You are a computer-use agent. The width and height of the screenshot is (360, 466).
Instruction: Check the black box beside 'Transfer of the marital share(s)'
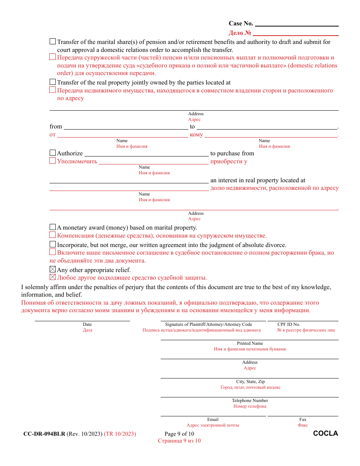click(53, 42)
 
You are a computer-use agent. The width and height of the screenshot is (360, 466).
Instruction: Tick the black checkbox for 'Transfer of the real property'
click(53, 82)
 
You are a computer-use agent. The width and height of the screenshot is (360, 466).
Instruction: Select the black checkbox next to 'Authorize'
click(53, 153)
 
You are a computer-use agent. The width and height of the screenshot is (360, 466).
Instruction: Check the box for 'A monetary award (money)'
click(53, 227)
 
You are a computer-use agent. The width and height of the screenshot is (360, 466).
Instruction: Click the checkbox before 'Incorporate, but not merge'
click(53, 245)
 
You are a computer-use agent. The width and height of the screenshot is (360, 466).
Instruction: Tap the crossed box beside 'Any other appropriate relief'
click(53, 270)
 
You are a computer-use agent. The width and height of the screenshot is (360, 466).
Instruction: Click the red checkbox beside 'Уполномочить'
click(53, 161)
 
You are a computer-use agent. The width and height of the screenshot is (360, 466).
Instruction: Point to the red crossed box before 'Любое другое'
click(53, 277)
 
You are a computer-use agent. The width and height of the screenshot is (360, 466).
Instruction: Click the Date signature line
click(82, 321)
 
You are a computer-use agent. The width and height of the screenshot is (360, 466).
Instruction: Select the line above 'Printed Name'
click(249, 339)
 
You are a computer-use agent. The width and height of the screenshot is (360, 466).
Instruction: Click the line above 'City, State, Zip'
click(249, 378)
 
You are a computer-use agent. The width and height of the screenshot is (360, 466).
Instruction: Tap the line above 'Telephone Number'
click(249, 397)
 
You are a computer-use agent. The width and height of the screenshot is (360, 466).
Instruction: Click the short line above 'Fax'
click(303, 416)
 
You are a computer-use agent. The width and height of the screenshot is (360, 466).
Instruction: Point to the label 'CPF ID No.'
click(289, 324)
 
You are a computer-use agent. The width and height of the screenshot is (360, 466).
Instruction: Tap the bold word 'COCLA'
click(326, 433)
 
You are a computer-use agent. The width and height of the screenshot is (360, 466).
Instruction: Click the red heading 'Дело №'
click(240, 33)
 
